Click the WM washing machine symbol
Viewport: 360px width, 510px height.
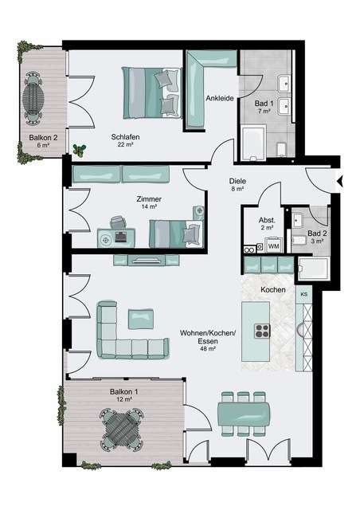click(273, 245)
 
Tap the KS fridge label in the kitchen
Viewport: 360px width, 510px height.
click(304, 294)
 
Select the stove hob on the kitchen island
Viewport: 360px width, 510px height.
click(262, 331)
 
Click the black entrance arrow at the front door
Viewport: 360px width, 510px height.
click(340, 182)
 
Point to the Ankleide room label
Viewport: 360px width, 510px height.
click(220, 98)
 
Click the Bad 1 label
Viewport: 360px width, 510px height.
click(264, 104)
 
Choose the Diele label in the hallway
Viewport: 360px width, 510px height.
click(237, 181)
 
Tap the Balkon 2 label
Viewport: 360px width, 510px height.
click(43, 138)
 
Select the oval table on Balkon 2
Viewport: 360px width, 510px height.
click(33, 97)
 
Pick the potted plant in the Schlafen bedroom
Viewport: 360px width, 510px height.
click(79, 151)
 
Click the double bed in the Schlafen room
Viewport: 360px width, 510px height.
click(151, 92)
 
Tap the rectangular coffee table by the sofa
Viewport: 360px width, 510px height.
click(141, 319)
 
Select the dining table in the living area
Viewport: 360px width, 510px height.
click(244, 414)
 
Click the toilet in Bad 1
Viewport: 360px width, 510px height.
click(281, 150)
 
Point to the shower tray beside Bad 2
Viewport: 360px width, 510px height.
click(314, 268)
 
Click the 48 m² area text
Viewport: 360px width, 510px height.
click(209, 348)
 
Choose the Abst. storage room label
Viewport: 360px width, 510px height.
click(267, 220)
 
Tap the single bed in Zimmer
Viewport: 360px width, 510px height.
click(175, 233)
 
